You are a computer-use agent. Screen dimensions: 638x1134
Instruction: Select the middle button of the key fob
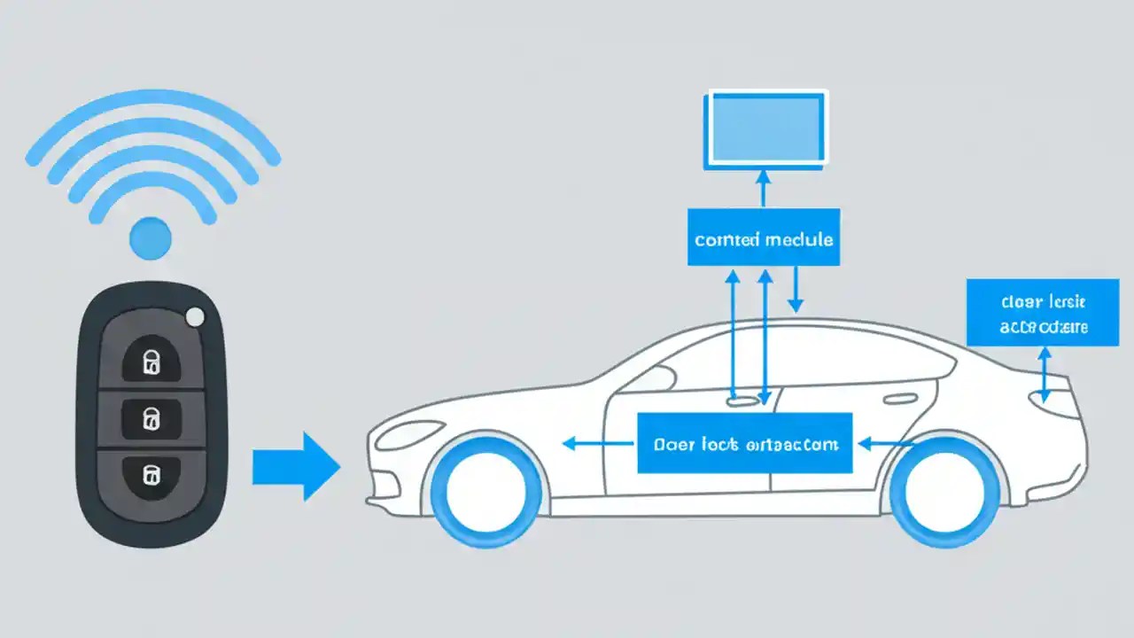tap(151, 416)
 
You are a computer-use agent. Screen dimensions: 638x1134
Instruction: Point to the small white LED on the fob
tap(195, 317)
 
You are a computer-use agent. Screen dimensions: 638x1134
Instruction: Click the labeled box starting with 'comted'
tap(764, 237)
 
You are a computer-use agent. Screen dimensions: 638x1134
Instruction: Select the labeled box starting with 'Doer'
tap(744, 443)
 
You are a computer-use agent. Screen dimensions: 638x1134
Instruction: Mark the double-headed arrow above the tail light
tap(1045, 374)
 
